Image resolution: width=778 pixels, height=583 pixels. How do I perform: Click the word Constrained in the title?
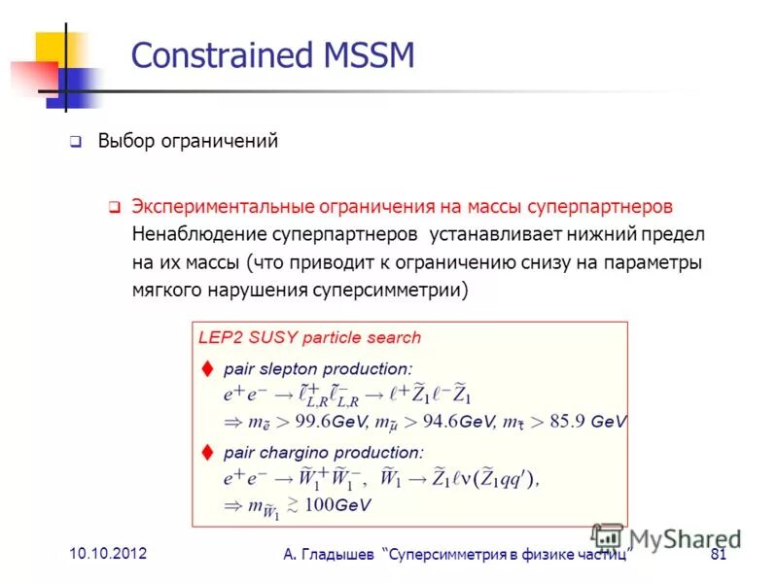[215, 55]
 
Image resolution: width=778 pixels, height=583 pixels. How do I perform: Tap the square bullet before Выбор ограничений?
[75, 142]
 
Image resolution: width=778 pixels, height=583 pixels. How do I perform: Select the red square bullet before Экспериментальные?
[113, 208]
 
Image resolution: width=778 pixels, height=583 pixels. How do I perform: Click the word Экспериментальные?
[221, 207]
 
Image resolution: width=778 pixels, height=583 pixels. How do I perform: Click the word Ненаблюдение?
[200, 235]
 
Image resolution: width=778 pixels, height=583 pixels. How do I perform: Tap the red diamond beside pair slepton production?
[206, 369]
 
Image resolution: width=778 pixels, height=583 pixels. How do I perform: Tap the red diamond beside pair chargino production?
[206, 452]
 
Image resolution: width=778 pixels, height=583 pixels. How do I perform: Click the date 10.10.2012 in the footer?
[108, 553]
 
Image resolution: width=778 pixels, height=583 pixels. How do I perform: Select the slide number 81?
[720, 555]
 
